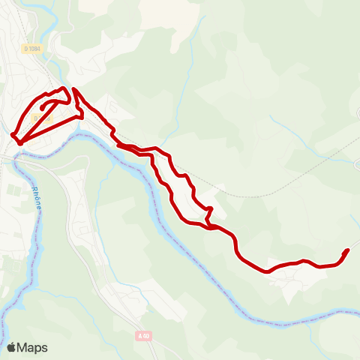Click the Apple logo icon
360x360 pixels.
tap(11, 347)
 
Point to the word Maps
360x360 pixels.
tap(32, 347)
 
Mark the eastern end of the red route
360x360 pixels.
tap(347, 250)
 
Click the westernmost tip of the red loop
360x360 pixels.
tap(13, 135)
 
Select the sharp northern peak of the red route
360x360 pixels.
tap(73, 89)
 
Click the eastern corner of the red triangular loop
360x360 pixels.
tap(82, 117)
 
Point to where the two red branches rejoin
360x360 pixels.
tap(210, 223)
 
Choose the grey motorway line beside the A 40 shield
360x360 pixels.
tap(154, 349)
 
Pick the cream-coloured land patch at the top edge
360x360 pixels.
tap(105, 6)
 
